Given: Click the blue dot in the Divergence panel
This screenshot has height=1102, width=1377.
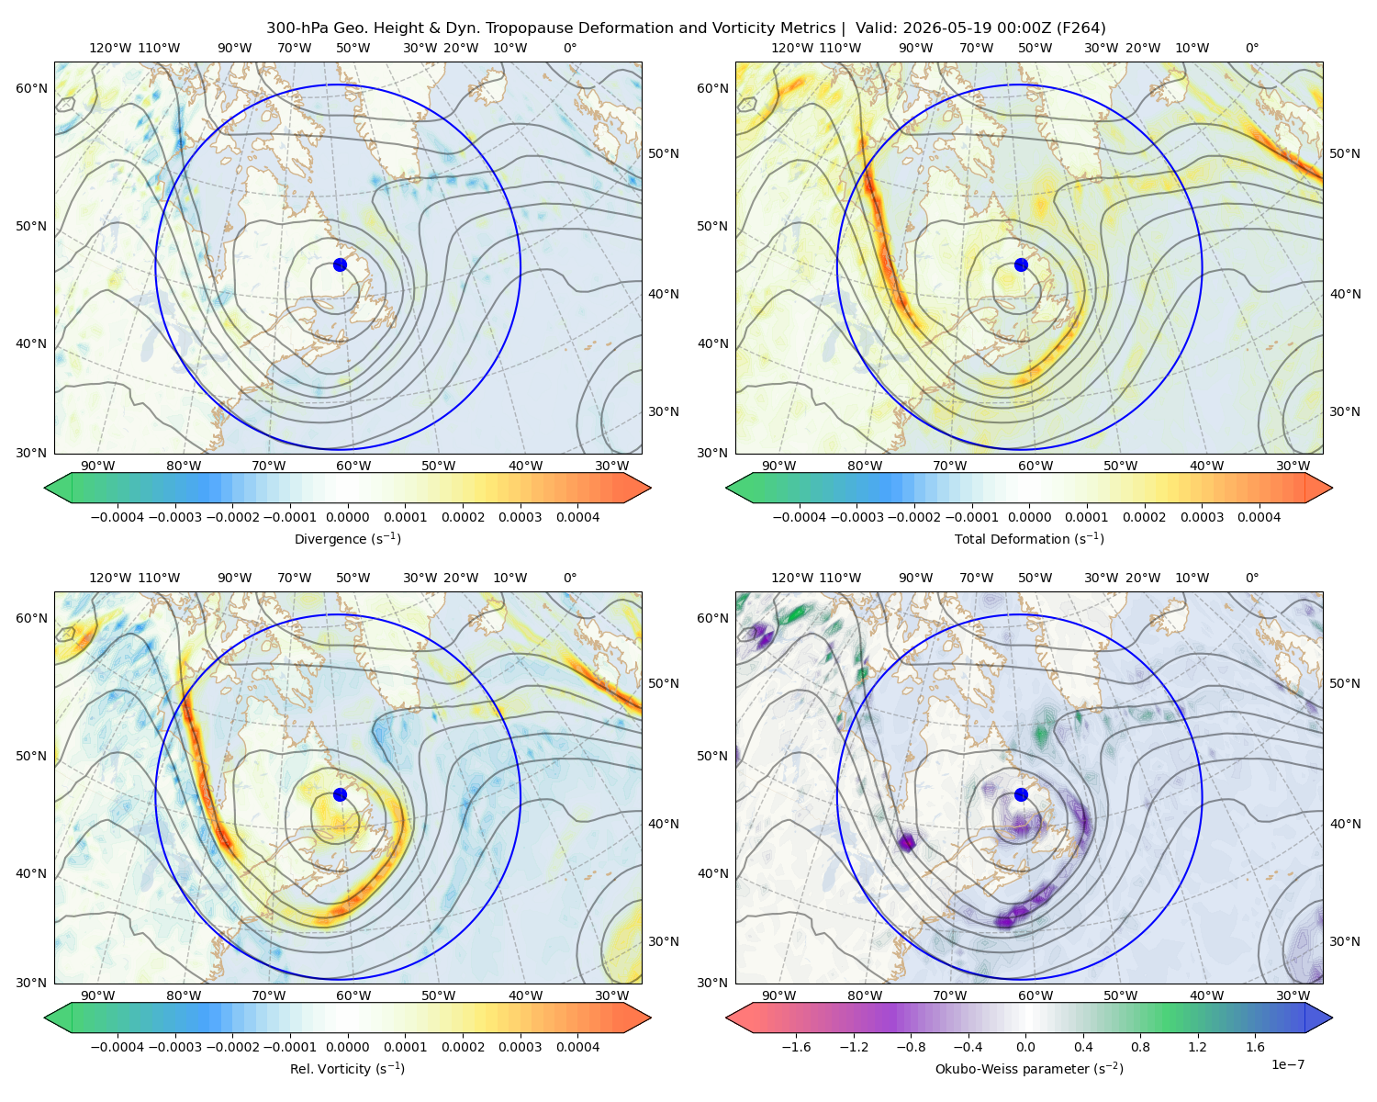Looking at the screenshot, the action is click(340, 265).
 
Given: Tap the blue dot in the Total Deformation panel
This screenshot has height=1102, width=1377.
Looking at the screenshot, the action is click(1021, 265).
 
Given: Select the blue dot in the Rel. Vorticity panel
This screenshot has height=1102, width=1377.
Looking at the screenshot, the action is click(340, 794).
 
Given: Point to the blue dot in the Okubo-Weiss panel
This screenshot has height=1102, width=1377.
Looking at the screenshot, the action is click(1021, 794).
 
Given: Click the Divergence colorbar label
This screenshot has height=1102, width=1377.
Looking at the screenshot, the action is click(347, 539).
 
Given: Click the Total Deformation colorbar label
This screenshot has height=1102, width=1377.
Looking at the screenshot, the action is click(1029, 539).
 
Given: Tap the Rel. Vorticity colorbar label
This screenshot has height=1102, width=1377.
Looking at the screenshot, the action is click(347, 1069).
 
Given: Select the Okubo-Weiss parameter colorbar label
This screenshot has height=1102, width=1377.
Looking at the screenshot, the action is click(1029, 1069).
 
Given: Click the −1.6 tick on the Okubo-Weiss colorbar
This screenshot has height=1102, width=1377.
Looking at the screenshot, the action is click(796, 1047).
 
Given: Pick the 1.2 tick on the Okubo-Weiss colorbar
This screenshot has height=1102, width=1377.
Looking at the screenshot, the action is click(1197, 1047).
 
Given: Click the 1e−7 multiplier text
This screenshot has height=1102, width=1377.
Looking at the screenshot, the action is click(1287, 1065).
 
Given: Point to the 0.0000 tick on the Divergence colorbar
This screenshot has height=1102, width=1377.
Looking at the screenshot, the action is click(347, 517).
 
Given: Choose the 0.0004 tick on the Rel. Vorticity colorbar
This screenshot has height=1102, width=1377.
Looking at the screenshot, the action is click(577, 1047).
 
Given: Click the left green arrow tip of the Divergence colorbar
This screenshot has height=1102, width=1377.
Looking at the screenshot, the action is click(45, 488).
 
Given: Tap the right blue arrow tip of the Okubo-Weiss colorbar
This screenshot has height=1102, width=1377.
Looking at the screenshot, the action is click(1332, 1018).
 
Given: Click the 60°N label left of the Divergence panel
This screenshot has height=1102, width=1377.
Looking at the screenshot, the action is click(31, 88).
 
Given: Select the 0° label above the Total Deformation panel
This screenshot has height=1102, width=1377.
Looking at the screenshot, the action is click(1251, 48).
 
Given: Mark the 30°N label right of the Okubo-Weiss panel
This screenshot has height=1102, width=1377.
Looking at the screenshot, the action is click(1344, 941).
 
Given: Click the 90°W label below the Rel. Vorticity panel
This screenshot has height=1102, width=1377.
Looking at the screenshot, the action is click(98, 995).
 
